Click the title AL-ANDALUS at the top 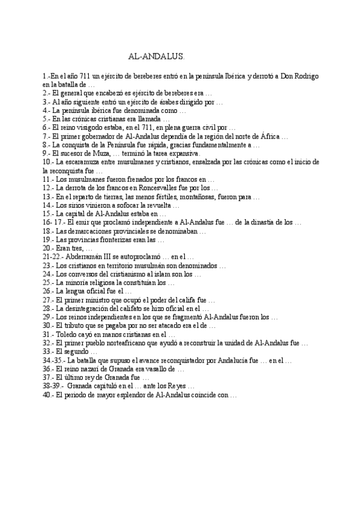(157, 56)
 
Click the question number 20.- (49, 248)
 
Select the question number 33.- (49, 351)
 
